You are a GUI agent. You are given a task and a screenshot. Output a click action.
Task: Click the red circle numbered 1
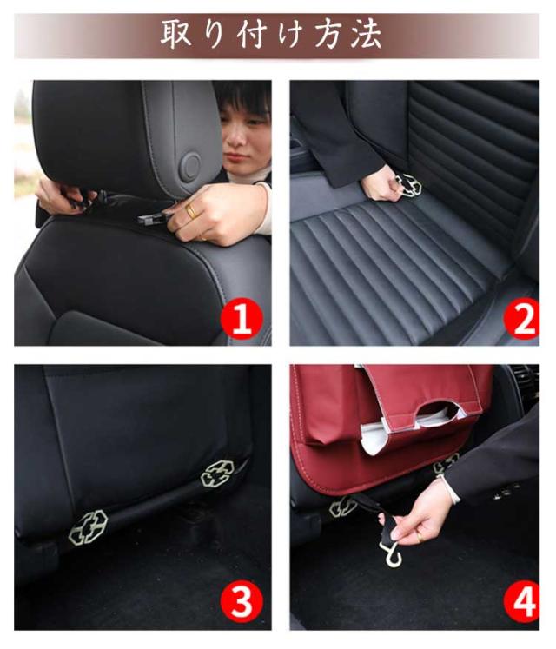(242, 318)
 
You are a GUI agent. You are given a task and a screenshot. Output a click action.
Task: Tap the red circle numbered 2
(521, 318)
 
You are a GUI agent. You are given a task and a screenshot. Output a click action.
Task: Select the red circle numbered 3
(242, 601)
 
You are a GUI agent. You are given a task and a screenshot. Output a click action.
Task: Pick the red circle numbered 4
(521, 601)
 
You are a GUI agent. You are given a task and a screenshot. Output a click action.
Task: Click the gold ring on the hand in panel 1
(191, 211)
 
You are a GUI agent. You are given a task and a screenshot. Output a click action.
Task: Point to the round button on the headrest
(191, 166)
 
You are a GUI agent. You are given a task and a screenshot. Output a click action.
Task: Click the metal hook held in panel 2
(407, 185)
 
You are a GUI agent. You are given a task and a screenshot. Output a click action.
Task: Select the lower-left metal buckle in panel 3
(88, 526)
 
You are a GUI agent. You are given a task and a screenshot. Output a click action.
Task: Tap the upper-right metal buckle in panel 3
(217, 474)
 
